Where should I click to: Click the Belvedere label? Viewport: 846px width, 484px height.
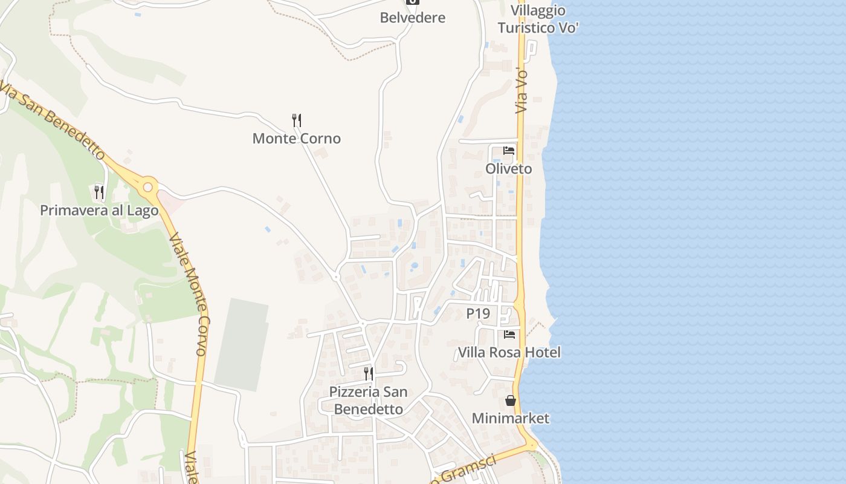tap(412, 18)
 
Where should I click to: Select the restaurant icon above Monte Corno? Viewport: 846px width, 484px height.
tap(296, 120)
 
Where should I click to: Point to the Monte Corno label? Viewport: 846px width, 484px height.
tap(296, 139)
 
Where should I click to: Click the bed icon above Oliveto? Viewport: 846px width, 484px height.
tap(509, 151)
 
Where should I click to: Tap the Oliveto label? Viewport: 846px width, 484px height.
tap(509, 169)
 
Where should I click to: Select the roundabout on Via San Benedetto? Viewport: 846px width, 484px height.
tap(148, 185)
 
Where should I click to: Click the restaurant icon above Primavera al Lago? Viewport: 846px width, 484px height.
tap(98, 192)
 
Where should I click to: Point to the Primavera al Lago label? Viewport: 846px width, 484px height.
tap(99, 211)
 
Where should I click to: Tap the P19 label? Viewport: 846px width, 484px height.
tap(477, 313)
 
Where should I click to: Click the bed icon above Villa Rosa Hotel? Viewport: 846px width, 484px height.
tap(509, 334)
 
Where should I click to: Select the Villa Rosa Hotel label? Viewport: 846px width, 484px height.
tap(509, 352)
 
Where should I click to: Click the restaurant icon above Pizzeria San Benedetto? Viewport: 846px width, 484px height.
tap(368, 373)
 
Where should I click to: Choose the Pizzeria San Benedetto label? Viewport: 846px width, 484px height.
tap(368, 401)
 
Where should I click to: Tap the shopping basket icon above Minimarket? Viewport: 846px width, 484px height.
tap(511, 401)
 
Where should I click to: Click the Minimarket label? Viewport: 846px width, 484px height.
tap(511, 418)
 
